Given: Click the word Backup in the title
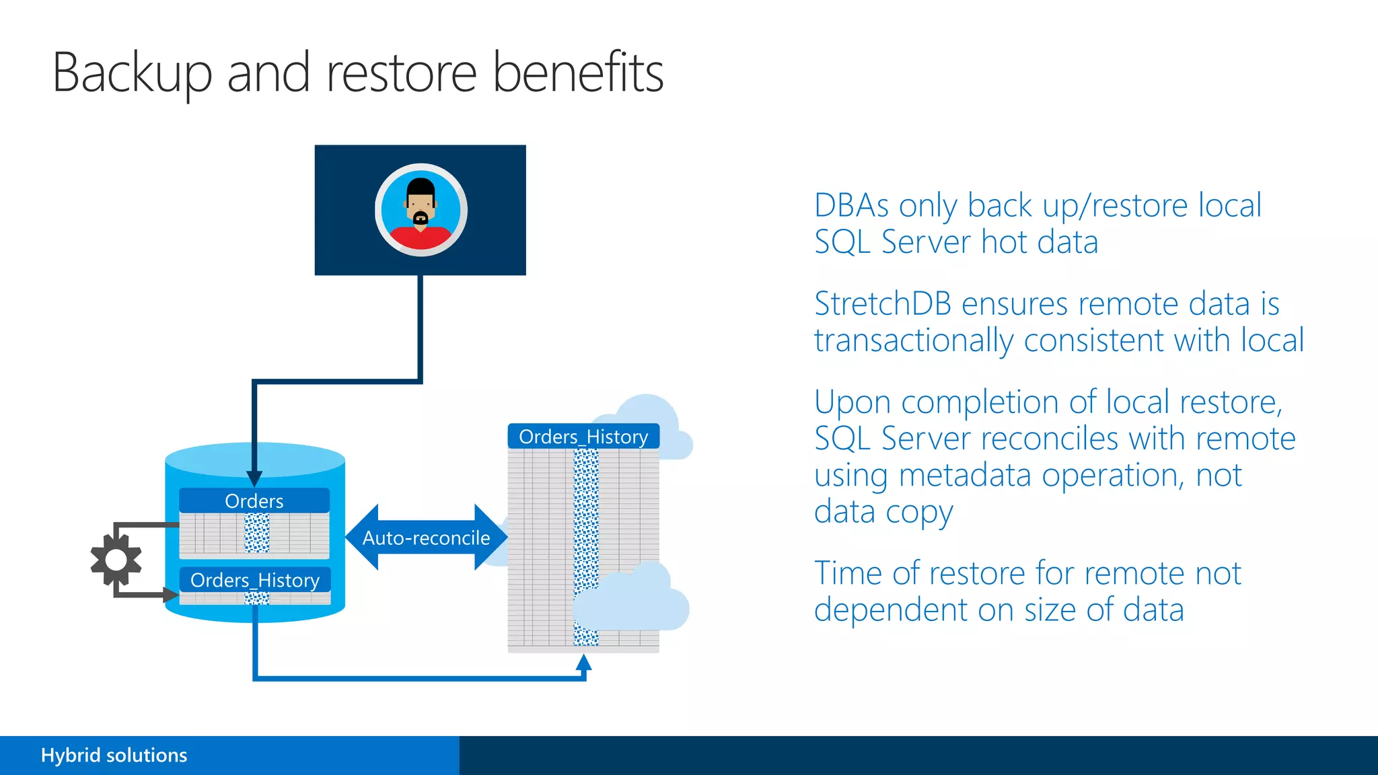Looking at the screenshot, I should pyautogui.click(x=132, y=73).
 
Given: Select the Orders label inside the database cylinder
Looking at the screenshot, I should pyautogui.click(x=254, y=501).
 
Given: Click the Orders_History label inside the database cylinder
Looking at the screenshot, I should pyautogui.click(x=254, y=580).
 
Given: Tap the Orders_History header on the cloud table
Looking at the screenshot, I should pyautogui.click(x=583, y=437).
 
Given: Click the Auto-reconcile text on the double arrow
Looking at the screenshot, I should pyautogui.click(x=426, y=538).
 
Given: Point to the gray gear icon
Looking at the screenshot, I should pyautogui.click(x=116, y=560).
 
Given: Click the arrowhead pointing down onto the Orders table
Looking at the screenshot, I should pyautogui.click(x=254, y=478).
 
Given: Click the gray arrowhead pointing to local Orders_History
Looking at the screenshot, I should pyautogui.click(x=171, y=595).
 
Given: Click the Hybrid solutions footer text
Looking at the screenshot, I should pyautogui.click(x=114, y=755).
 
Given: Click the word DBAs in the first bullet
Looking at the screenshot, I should pyautogui.click(x=851, y=205).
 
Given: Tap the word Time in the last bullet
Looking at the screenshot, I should pyautogui.click(x=848, y=573).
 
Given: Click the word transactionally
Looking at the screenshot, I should pyautogui.click(x=913, y=340).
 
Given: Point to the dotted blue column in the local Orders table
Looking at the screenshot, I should pyautogui.click(x=256, y=533).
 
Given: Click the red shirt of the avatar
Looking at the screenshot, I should pyautogui.click(x=421, y=238).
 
